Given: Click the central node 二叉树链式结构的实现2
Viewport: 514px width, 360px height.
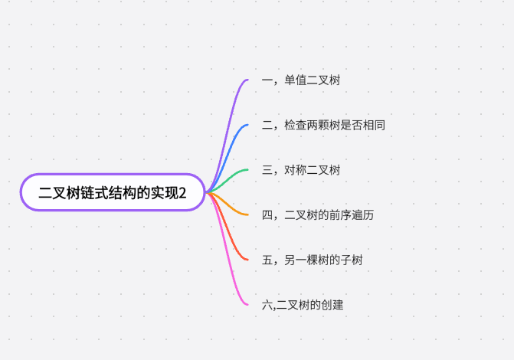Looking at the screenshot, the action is [113, 192].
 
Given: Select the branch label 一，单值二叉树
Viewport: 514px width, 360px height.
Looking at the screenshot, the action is [300, 80].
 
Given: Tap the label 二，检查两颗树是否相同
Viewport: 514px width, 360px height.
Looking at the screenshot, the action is [322, 125].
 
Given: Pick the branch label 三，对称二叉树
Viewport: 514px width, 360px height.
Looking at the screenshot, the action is [300, 170].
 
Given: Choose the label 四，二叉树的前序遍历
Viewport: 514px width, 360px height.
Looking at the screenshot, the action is [317, 215].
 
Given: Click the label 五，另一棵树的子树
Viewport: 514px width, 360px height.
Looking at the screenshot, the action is [312, 260].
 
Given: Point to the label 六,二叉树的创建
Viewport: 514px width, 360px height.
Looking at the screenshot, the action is [302, 305].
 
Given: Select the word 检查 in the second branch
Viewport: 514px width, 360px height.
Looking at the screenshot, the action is [295, 125].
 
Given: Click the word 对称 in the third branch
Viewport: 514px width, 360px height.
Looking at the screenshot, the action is [295, 170].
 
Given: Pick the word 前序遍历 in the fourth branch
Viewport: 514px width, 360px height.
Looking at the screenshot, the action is [352, 215].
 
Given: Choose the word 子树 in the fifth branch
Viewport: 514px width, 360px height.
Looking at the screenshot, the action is [352, 260].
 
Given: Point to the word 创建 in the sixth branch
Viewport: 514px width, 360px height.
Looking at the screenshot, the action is [332, 305].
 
